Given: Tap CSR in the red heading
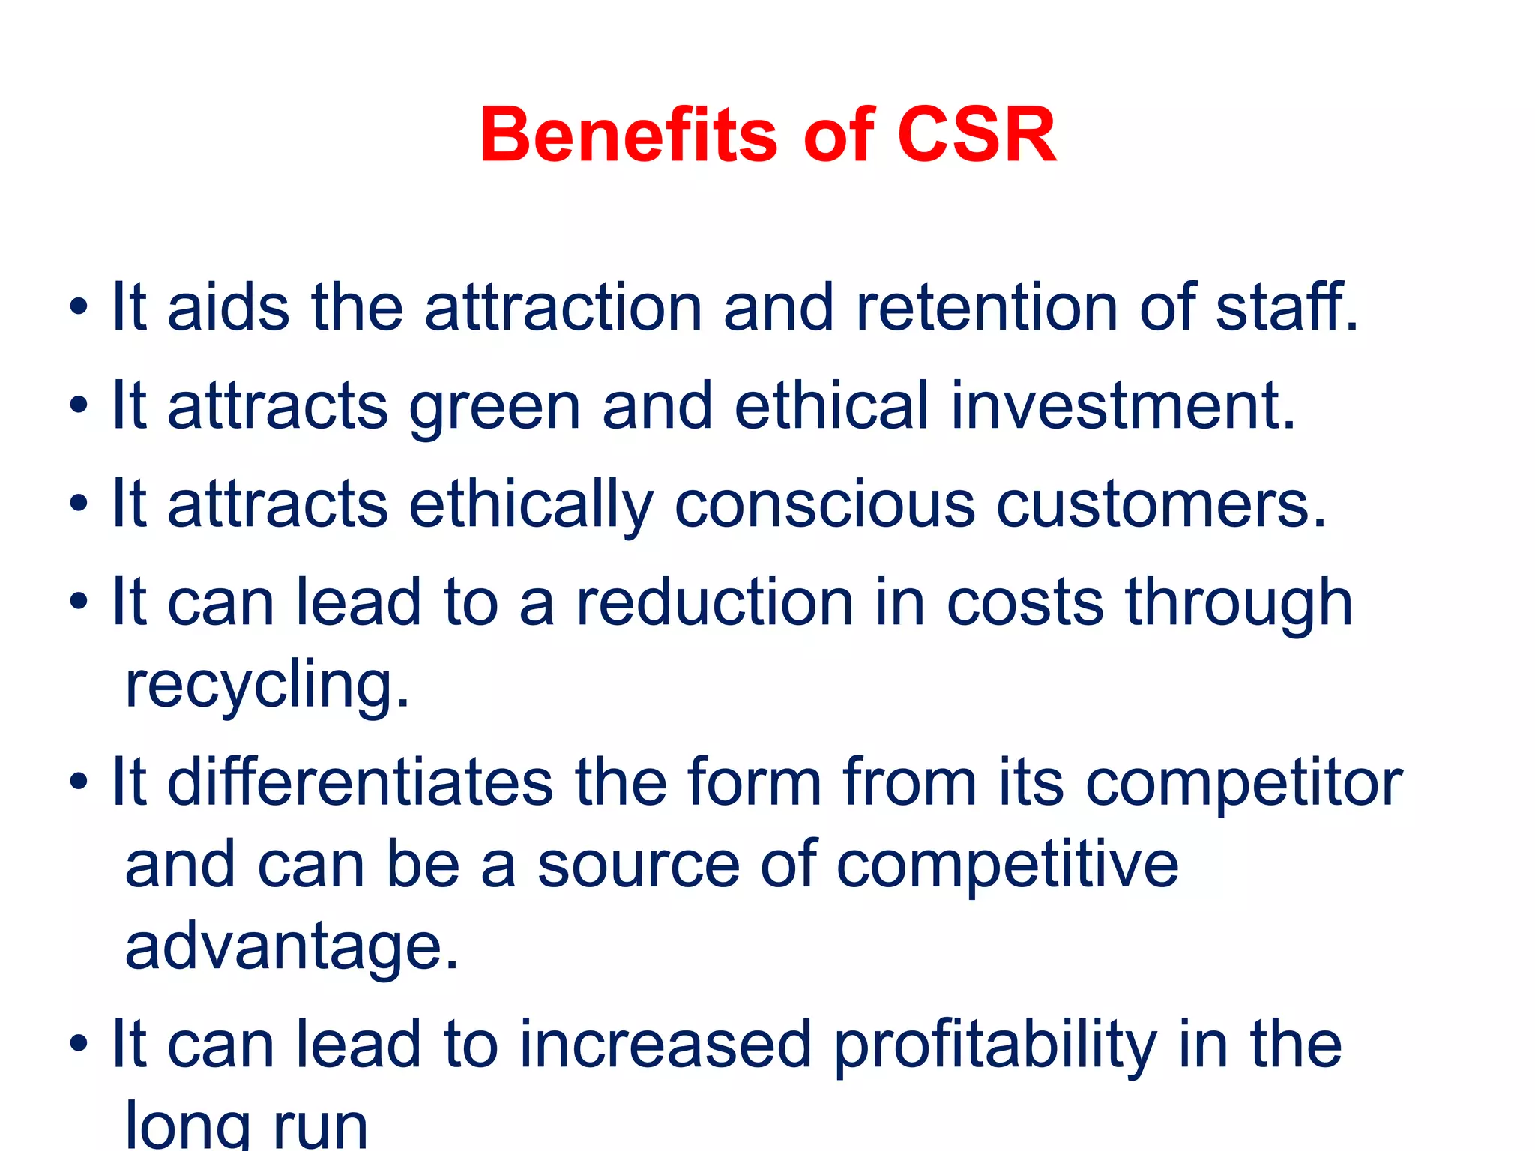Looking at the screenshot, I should [976, 136].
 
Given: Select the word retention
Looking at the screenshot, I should [986, 307].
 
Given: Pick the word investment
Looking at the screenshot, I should [1123, 406].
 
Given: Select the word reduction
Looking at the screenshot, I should [714, 602].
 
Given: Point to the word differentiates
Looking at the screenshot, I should [360, 782].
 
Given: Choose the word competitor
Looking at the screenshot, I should [1243, 784].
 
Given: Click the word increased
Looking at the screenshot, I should [666, 1045].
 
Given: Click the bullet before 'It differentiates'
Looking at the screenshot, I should [78, 782].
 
